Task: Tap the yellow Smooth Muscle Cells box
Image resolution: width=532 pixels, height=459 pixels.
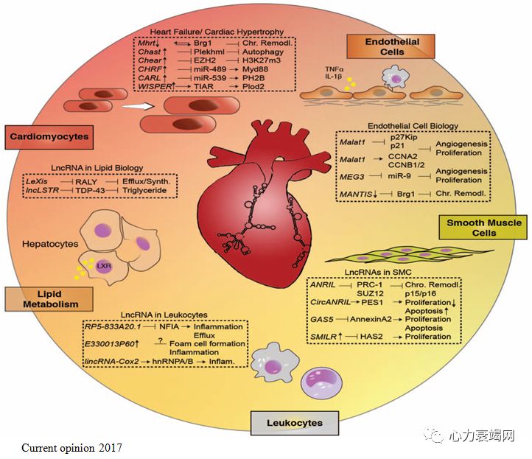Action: pos(485,228)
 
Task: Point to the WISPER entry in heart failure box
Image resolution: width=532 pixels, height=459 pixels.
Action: pos(155,86)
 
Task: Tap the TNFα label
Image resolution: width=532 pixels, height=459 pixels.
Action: pos(333,69)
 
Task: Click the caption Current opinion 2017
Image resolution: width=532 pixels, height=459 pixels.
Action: pos(72,447)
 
